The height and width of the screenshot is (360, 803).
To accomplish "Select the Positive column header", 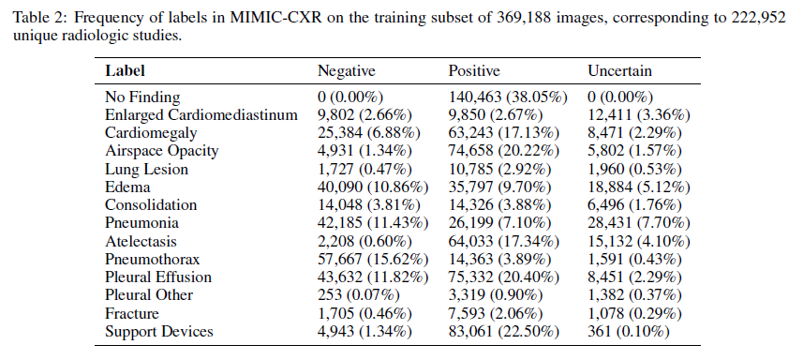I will pyautogui.click(x=474, y=71).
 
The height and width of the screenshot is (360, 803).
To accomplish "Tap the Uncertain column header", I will pyautogui.click(x=619, y=71).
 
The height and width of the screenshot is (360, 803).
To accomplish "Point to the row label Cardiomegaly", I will pyautogui.click(x=147, y=133).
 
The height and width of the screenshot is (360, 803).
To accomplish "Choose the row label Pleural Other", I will pyautogui.click(x=149, y=295).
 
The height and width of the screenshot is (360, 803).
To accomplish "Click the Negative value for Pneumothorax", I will pyautogui.click(x=374, y=260).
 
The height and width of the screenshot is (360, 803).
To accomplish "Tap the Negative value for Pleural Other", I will pyautogui.click(x=357, y=295).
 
